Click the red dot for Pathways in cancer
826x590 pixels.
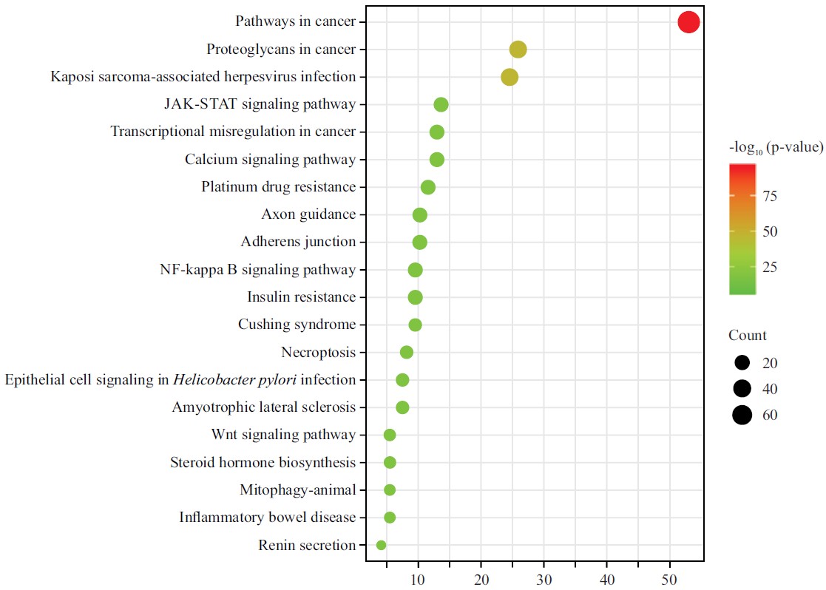tap(688, 22)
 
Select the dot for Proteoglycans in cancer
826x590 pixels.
tap(518, 50)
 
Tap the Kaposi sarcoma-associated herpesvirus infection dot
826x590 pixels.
tap(510, 77)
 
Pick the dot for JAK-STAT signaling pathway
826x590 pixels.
tap(441, 104)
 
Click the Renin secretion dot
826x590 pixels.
tap(381, 545)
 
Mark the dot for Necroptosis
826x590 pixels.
tap(406, 352)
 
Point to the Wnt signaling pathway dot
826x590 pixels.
tap(390, 435)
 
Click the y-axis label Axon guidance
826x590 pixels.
tap(308, 214)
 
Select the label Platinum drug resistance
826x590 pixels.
tap(278, 186)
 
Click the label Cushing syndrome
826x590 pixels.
tap(297, 325)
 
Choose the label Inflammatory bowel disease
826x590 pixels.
tap(267, 518)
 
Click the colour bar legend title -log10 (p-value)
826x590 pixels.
tap(776, 147)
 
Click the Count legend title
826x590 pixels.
tap(748, 336)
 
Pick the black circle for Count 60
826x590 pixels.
tap(742, 415)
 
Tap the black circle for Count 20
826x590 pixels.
tap(742, 363)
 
